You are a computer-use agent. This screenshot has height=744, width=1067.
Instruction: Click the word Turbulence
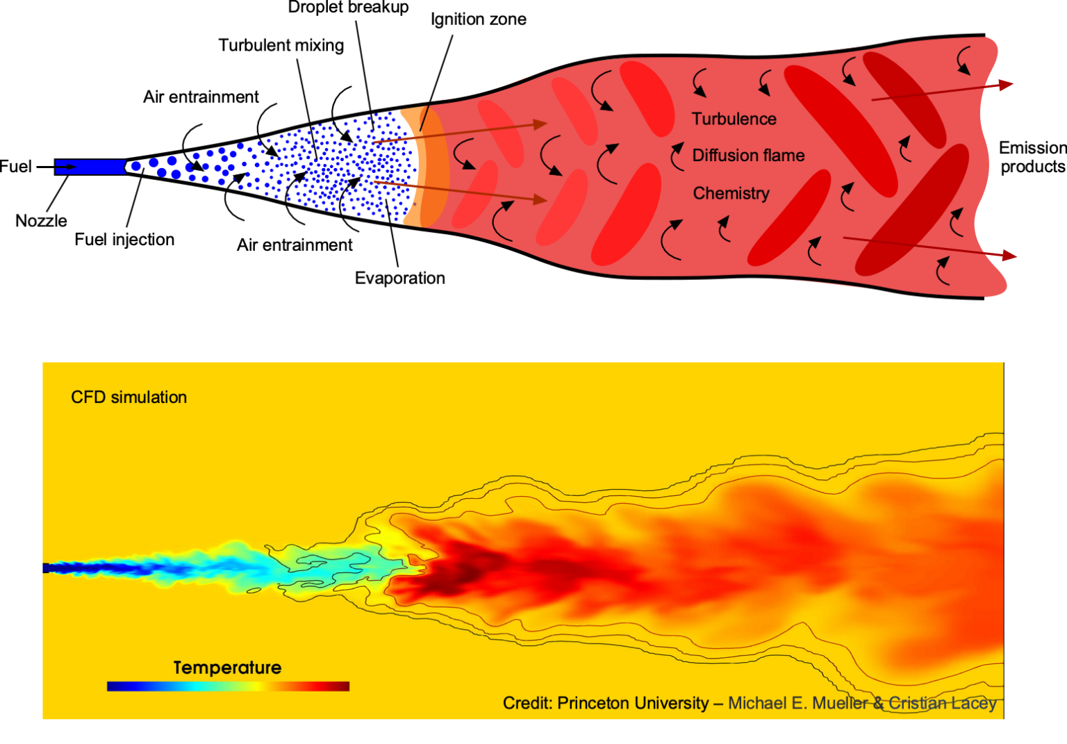734,119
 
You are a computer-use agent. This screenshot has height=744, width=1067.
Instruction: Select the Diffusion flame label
748,156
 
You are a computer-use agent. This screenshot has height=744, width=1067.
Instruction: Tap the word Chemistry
731,193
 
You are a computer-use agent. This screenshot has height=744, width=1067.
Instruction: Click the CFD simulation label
129,397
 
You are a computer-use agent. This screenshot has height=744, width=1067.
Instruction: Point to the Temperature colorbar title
227,668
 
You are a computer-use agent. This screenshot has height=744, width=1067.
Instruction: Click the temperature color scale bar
228,686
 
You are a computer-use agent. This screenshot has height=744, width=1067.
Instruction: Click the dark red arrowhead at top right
1006,85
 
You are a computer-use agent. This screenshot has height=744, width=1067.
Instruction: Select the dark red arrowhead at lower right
1009,255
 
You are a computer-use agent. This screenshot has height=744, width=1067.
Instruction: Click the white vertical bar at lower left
28,538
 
